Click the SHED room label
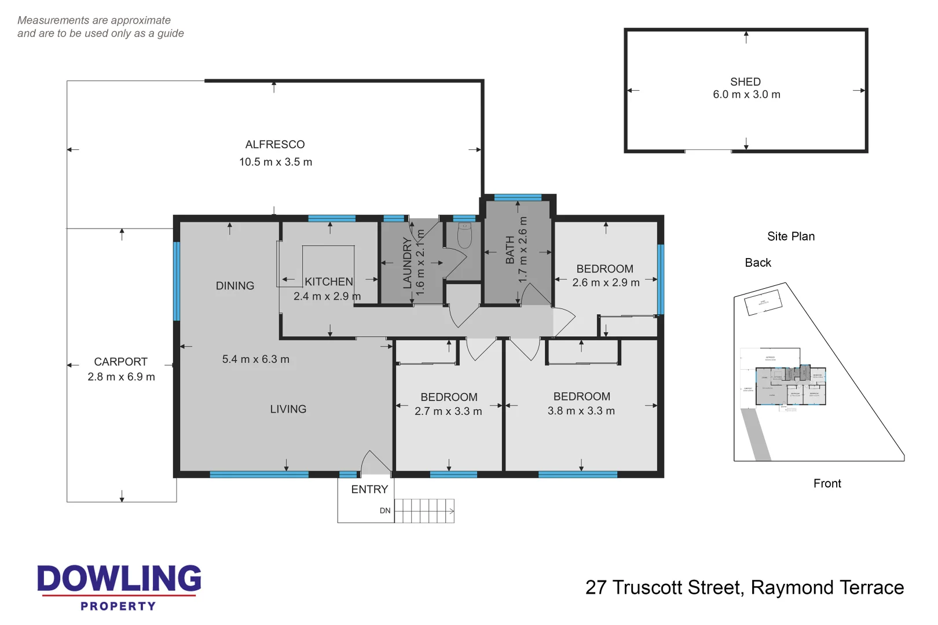pyautogui.click(x=745, y=82)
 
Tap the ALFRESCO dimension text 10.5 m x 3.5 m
pyautogui.click(x=276, y=162)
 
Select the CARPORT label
pyautogui.click(x=120, y=362)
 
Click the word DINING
pyautogui.click(x=235, y=286)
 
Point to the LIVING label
pyautogui.click(x=288, y=409)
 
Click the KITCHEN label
pyautogui.click(x=328, y=282)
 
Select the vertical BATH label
pyautogui.click(x=510, y=250)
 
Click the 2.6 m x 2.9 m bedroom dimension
pyautogui.click(x=606, y=282)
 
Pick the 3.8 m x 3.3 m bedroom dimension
pyautogui.click(x=581, y=411)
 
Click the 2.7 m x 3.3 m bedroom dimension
pyautogui.click(x=448, y=411)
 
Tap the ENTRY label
pyautogui.click(x=369, y=490)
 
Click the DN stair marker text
pyautogui.click(x=385, y=511)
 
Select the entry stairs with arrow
pyautogui.click(x=424, y=511)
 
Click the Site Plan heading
pyautogui.click(x=790, y=236)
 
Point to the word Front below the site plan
pyautogui.click(x=827, y=483)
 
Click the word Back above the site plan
pyautogui.click(x=757, y=263)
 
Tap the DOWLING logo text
pyautogui.click(x=119, y=579)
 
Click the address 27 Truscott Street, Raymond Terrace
pyautogui.click(x=744, y=587)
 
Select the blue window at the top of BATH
pyautogui.click(x=518, y=198)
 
